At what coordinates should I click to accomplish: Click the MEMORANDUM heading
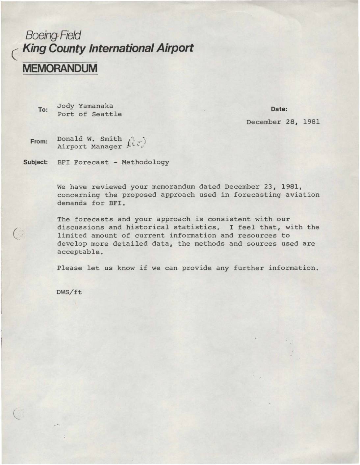point(60,68)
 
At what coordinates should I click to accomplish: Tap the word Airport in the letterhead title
point(174,48)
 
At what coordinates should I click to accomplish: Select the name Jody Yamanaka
point(85,106)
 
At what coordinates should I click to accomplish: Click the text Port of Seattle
point(90,114)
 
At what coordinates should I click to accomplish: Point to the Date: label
point(279,109)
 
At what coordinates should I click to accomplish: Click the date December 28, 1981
point(283,122)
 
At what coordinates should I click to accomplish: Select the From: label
point(39,142)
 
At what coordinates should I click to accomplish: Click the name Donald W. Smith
point(89,139)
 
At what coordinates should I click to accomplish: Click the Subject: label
point(36,162)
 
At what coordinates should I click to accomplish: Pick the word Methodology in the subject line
point(145,162)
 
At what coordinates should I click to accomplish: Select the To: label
point(43,110)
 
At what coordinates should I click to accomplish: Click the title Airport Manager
point(89,147)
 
